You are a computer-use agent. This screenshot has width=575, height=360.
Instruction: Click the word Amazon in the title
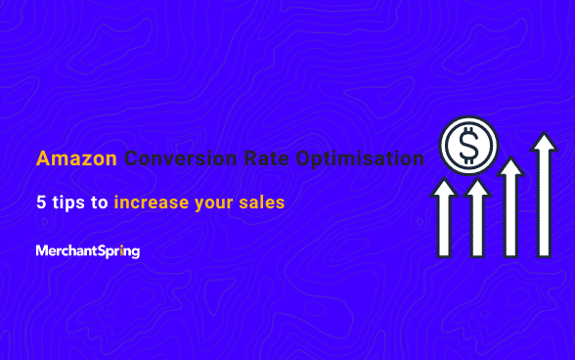click(77, 158)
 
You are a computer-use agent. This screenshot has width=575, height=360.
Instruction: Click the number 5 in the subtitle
click(40, 204)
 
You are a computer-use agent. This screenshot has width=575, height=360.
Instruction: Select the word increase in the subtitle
click(153, 204)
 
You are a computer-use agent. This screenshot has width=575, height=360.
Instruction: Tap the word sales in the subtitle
click(263, 204)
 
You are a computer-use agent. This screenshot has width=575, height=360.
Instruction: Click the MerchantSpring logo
click(88, 251)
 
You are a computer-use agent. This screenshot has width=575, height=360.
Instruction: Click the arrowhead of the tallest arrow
click(543, 144)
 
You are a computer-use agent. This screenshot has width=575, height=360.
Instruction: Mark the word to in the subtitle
click(98, 204)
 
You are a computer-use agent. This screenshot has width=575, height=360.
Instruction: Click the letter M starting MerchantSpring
click(41, 251)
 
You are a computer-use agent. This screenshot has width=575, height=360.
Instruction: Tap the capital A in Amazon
click(43, 158)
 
